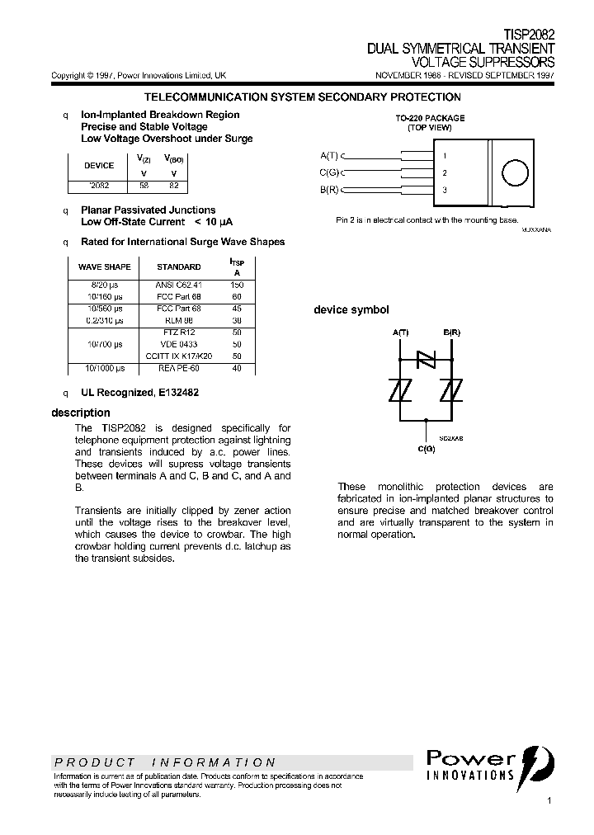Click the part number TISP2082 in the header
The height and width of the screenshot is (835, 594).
[x=529, y=36]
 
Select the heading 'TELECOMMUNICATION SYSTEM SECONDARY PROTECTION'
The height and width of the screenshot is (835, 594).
[x=302, y=97]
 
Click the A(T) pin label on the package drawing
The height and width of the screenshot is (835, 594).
[x=328, y=155]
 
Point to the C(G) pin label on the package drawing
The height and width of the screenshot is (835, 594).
[x=328, y=172]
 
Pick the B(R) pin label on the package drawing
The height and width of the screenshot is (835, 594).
[x=328, y=190]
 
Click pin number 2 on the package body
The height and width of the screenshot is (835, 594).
[x=445, y=172]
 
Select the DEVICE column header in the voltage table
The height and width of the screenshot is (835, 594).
[x=99, y=165]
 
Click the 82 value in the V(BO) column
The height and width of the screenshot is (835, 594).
[x=173, y=186]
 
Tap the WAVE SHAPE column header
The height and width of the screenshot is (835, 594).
[x=104, y=267]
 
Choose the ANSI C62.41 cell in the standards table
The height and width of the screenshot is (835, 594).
[x=178, y=285]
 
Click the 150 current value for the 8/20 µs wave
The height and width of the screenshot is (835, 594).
[x=238, y=285]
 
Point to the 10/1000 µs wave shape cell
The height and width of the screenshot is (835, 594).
[x=104, y=368]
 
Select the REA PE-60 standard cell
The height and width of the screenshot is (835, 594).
[x=178, y=368]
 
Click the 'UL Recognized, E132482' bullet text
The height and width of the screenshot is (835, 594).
[x=139, y=393]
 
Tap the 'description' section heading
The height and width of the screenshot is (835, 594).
[x=80, y=413]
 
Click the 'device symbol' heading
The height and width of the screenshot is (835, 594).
[x=351, y=310]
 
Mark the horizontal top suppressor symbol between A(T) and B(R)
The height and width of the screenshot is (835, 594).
[x=426, y=358]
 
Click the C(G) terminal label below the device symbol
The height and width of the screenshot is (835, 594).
[x=426, y=448]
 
